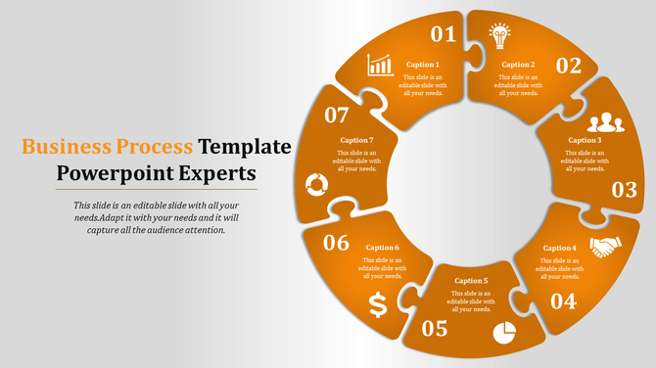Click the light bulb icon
[x=500, y=36]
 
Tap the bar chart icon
[x=380, y=65]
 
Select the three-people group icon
[x=605, y=122]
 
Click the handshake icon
[x=605, y=248]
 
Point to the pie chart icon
[x=504, y=333]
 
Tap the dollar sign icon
[x=378, y=305]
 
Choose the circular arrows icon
[x=316, y=183]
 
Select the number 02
[x=569, y=66]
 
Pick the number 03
[x=624, y=190]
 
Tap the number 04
[x=563, y=301]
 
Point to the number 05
[x=435, y=329]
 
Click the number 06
[x=336, y=243]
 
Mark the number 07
[x=336, y=115]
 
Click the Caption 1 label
[x=423, y=65]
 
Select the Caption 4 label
[x=560, y=248]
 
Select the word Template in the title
[x=245, y=147]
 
